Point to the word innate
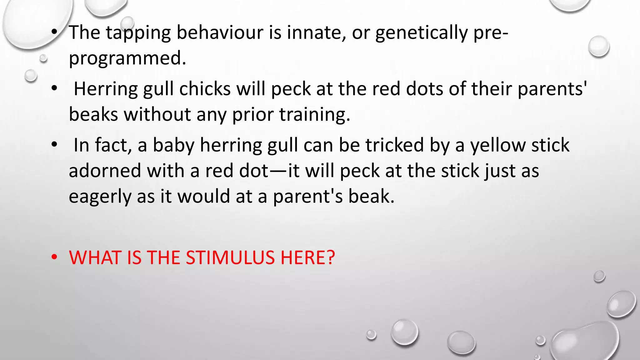point(316,32)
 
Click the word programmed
point(127,58)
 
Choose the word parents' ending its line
point(552,89)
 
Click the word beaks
point(93,114)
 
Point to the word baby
point(174,145)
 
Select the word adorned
point(105,171)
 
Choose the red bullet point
point(55,257)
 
